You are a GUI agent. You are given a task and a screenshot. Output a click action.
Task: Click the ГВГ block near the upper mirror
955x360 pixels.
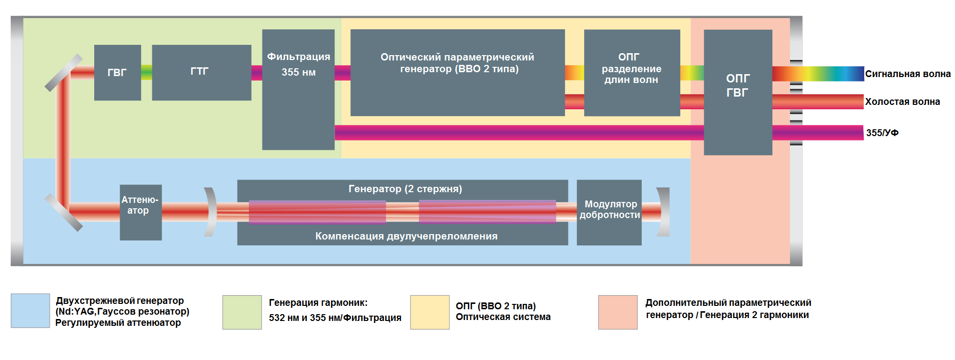pyautogui.click(x=117, y=73)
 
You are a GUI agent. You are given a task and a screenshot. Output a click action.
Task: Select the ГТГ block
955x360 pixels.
pyautogui.click(x=201, y=72)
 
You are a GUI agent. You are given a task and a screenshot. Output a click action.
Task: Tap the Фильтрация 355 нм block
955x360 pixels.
pyautogui.click(x=298, y=89)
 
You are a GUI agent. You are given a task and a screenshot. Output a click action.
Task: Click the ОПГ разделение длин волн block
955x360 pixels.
pyautogui.click(x=631, y=72)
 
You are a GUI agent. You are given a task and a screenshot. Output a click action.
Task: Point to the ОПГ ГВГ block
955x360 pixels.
pyautogui.click(x=737, y=92)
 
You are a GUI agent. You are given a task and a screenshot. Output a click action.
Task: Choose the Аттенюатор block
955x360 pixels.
pyautogui.click(x=141, y=212)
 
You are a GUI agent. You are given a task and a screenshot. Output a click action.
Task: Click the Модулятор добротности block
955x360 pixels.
pyautogui.click(x=609, y=212)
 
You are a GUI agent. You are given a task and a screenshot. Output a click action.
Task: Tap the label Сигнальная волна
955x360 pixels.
pyautogui.click(x=907, y=74)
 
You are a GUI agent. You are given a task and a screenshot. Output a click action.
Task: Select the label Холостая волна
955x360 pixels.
pyautogui.click(x=902, y=101)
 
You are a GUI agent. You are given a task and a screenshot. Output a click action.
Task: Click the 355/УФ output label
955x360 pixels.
pyautogui.click(x=882, y=133)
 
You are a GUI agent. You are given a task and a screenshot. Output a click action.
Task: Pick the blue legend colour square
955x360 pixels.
pyautogui.click(x=30, y=311)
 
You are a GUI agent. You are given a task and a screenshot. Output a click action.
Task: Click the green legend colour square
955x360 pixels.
pyautogui.click(x=242, y=312)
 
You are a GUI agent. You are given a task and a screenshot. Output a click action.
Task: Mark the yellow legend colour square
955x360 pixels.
pyautogui.click(x=429, y=312)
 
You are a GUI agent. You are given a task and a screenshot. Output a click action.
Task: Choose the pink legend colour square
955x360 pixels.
pyautogui.click(x=617, y=312)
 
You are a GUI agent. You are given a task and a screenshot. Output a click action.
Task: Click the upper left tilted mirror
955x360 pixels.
pyautogui.click(x=63, y=73)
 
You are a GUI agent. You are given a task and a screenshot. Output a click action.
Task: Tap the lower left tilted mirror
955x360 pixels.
pyautogui.click(x=63, y=212)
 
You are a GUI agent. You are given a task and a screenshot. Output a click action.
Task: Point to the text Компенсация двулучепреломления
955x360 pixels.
pyautogui.click(x=406, y=236)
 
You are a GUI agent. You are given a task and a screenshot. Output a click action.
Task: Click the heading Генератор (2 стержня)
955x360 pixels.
pyautogui.click(x=405, y=189)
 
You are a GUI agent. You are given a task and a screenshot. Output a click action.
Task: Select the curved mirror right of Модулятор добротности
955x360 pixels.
pyautogui.click(x=664, y=212)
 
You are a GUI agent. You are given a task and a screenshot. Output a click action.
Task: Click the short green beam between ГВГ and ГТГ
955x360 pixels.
pyautogui.click(x=146, y=73)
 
